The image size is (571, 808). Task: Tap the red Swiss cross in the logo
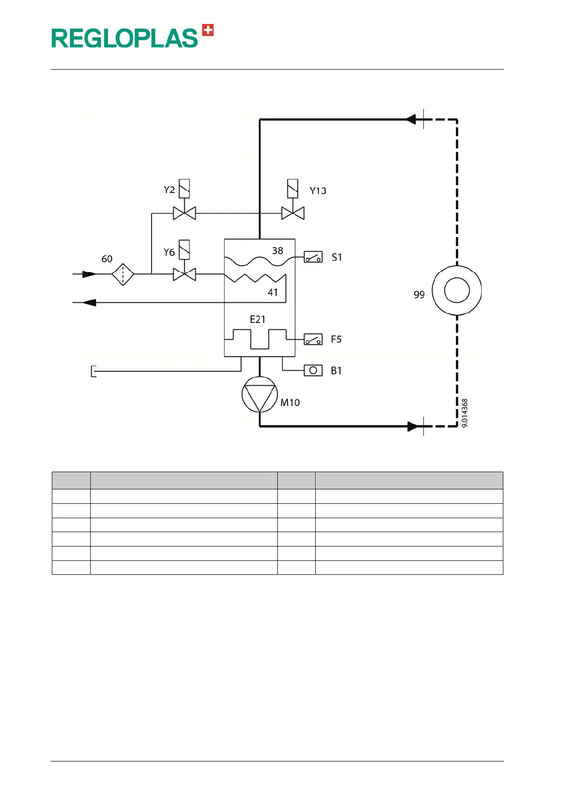208,30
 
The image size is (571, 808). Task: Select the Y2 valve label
169,190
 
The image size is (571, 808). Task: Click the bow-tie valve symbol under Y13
293,213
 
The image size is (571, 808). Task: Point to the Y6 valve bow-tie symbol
184,274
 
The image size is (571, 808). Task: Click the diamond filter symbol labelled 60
123,274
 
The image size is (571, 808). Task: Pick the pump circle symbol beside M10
260,394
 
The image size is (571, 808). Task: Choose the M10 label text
290,403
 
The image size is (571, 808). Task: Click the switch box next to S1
313,258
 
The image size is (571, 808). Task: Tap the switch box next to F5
313,340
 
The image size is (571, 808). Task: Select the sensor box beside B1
313,370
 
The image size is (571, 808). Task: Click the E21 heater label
258,320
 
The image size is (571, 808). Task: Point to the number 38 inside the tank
277,250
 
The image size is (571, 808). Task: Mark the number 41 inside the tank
273,292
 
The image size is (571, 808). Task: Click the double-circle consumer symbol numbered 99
457,290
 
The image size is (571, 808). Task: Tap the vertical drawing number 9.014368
464,413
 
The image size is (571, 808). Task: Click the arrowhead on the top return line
410,119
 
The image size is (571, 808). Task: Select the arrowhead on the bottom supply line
412,426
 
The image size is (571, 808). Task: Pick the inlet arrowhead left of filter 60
89,274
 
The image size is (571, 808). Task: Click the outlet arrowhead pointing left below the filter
90,303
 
